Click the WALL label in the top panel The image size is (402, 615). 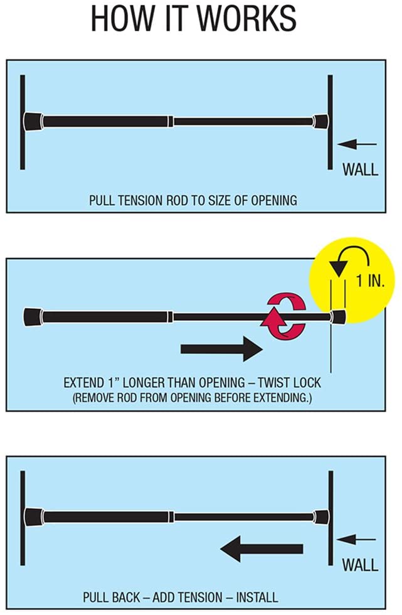click(360, 169)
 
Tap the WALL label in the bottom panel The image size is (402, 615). click(360, 564)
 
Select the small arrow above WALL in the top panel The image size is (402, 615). click(357, 144)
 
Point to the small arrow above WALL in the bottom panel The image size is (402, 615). click(357, 539)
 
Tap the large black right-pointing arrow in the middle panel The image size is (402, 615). click(221, 348)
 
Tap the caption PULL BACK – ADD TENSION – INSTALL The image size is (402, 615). click(181, 597)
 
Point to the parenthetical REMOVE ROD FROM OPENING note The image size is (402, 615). click(193, 399)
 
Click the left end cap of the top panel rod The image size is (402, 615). click(33, 120)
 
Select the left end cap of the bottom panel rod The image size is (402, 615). click(33, 516)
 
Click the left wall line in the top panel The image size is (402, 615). click(22, 122)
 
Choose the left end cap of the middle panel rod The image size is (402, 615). click(33, 316)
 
